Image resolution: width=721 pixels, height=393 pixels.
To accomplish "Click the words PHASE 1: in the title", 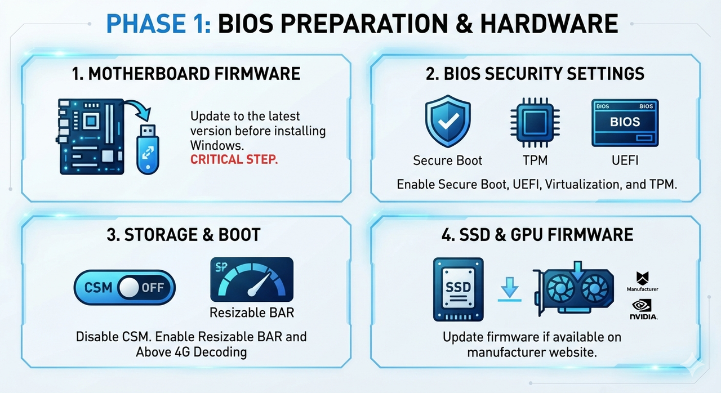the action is click(x=158, y=24).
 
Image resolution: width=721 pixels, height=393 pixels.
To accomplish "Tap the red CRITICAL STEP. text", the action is click(x=234, y=159).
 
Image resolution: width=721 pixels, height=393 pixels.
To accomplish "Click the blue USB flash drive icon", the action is click(x=148, y=150).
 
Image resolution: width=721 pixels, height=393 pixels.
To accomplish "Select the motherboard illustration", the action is click(x=90, y=137).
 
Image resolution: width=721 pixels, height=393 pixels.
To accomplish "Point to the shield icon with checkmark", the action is click(x=448, y=121).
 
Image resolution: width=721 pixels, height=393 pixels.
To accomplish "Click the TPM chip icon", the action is click(x=535, y=123).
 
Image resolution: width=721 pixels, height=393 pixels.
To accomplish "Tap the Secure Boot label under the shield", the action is click(x=447, y=160).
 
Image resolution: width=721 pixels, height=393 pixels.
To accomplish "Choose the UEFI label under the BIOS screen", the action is click(x=625, y=160).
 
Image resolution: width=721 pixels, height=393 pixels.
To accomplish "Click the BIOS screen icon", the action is click(x=625, y=123).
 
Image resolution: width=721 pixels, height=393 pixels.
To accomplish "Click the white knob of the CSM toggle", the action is click(x=129, y=287).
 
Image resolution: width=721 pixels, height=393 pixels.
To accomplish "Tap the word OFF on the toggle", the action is click(x=153, y=288).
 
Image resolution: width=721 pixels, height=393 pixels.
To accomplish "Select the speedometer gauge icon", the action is click(x=252, y=279).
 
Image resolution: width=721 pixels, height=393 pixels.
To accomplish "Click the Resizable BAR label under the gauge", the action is click(x=252, y=312).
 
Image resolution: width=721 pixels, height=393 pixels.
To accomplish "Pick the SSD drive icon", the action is click(x=459, y=289).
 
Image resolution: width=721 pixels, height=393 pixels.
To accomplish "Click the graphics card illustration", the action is click(x=573, y=289).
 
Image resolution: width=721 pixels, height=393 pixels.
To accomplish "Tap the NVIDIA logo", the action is click(x=643, y=309).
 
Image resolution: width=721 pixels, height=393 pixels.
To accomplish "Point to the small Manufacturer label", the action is click(x=643, y=289).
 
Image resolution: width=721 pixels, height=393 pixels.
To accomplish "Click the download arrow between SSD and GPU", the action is click(x=510, y=290).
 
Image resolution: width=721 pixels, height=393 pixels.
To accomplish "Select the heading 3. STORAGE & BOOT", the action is click(x=184, y=235).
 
